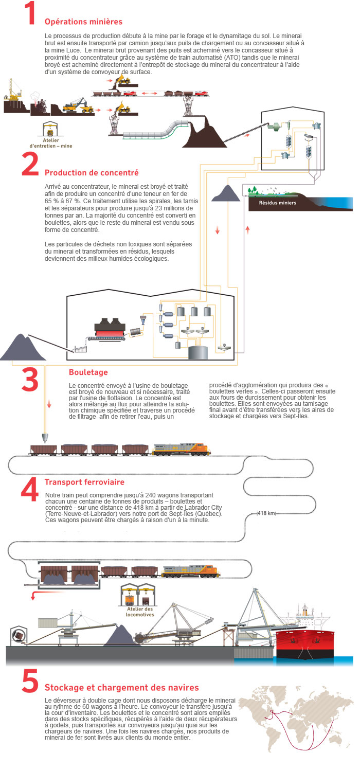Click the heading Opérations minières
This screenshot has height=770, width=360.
coord(83,22)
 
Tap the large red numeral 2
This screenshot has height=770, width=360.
coord(30,164)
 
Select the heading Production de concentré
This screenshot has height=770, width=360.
coord(92,172)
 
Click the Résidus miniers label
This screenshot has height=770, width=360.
coord(278,203)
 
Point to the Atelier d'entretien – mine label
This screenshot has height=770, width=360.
coord(51,143)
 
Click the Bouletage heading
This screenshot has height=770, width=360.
coord(88,372)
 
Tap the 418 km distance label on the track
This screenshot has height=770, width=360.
coord(266,513)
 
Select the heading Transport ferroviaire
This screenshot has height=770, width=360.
coord(84,482)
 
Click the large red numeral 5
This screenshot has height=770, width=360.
coord(30,681)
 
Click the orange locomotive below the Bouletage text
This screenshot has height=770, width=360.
coord(181,449)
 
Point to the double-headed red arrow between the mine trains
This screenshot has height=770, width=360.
coord(150,93)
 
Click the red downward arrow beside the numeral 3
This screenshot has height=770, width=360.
coord(49,404)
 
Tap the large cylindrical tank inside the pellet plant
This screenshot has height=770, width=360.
coord(198,353)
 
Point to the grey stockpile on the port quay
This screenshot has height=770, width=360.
coord(120,636)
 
